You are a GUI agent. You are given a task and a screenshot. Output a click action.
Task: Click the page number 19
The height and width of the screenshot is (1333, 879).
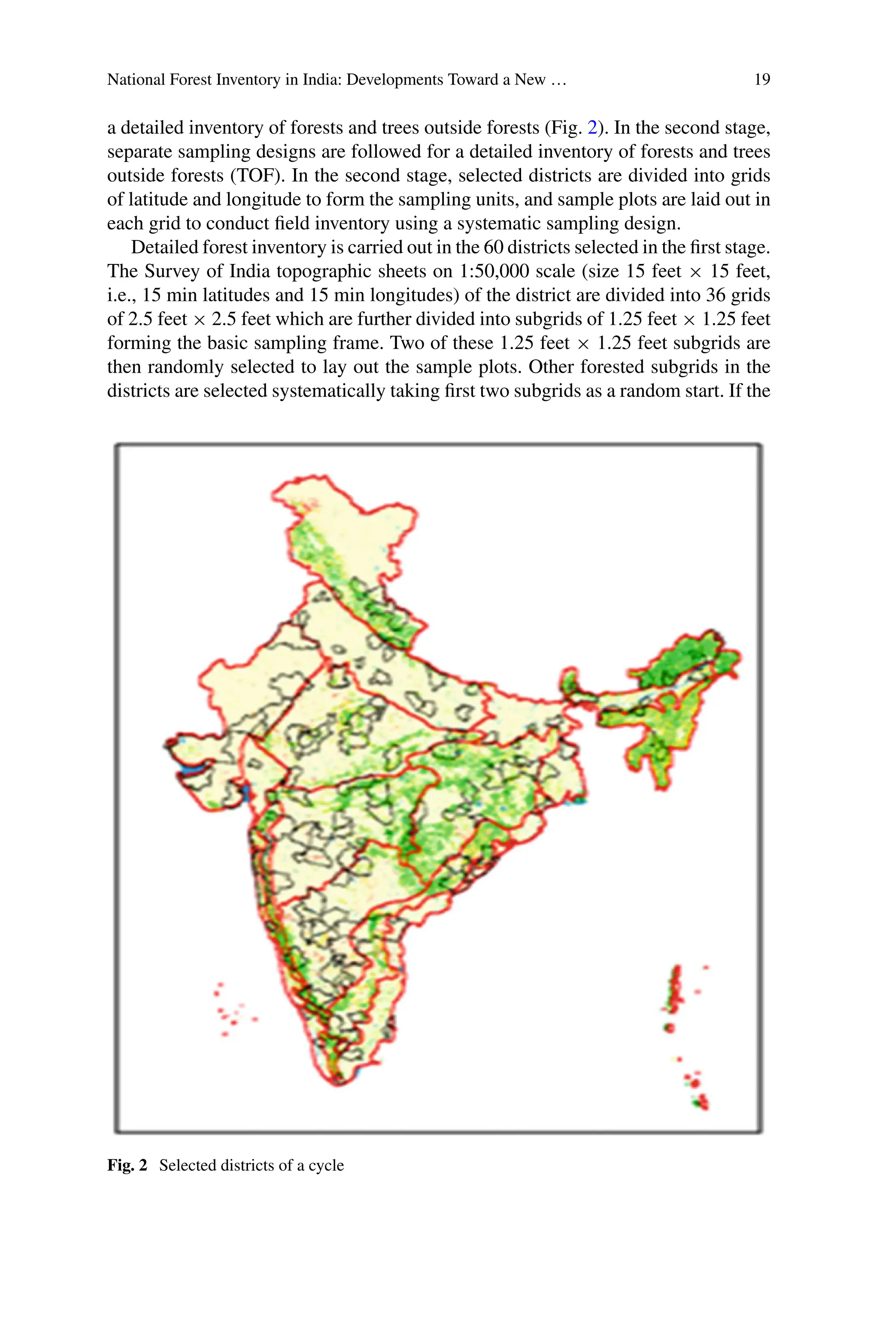(762, 79)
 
